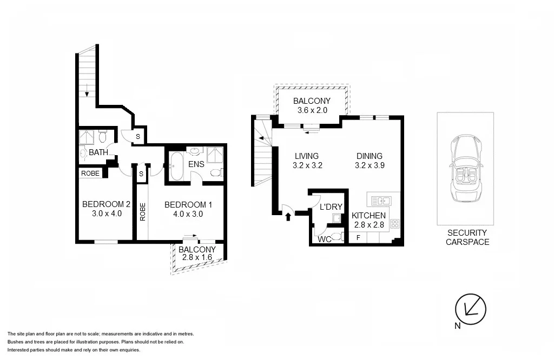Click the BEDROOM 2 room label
106,204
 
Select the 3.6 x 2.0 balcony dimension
312,111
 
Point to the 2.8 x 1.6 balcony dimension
197,258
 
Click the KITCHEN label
369,215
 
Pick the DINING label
370,156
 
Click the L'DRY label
331,207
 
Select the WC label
325,238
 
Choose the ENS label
195,163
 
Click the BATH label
98,152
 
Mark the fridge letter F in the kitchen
358,237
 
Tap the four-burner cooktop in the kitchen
395,223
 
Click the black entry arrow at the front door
288,217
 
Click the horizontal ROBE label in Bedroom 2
90,174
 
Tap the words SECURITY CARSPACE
467,237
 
